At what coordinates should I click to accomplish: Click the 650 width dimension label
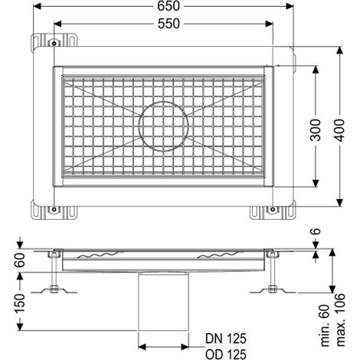click(169, 6)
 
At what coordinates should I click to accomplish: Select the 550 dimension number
click(169, 24)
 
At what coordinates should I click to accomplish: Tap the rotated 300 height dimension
click(316, 129)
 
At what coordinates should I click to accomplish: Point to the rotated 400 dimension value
click(339, 129)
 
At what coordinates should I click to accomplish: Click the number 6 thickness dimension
click(316, 231)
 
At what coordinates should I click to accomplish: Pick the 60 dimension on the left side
click(20, 260)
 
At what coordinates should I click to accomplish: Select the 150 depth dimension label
click(20, 303)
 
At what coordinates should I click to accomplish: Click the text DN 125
click(226, 339)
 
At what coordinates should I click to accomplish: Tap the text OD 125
click(226, 355)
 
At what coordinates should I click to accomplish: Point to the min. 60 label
click(325, 326)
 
